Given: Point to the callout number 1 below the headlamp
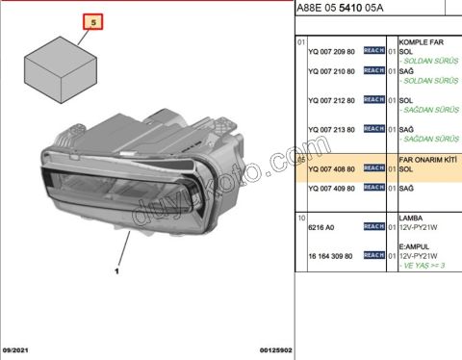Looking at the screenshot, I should tap(115, 272).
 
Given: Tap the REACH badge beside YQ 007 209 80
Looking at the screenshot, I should tap(373, 52).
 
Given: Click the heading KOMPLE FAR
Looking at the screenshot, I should tap(420, 42).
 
